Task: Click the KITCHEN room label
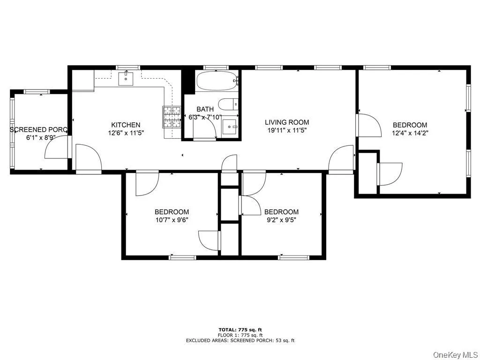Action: tap(125, 125)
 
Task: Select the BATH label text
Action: tap(205, 109)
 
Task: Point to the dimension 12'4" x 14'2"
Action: tap(410, 133)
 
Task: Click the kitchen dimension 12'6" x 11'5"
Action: tap(125, 133)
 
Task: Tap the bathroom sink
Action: tap(230, 126)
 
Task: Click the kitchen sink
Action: tap(126, 79)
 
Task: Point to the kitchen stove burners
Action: tap(172, 117)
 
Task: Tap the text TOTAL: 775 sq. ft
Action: tap(240, 330)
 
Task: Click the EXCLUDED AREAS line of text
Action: tap(240, 340)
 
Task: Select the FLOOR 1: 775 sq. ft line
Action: tap(240, 335)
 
